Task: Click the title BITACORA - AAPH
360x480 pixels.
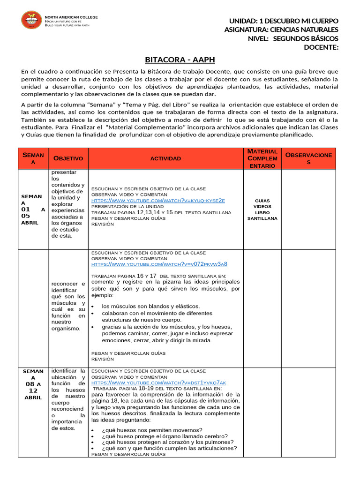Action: click(180, 60)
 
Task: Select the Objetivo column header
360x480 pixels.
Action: click(68, 158)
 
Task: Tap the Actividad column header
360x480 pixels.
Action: click(165, 158)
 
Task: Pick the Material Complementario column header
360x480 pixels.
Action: click(262, 158)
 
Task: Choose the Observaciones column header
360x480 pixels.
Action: click(308, 158)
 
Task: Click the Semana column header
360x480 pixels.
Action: click(33, 158)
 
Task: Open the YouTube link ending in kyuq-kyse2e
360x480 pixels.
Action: click(158, 201)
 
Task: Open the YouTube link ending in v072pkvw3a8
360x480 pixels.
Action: click(159, 264)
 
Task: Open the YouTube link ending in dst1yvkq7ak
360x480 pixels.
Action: click(158, 382)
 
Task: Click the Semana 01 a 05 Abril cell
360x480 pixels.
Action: click(33, 210)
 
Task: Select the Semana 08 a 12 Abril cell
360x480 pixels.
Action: click(33, 384)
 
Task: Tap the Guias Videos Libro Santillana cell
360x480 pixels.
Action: click(262, 209)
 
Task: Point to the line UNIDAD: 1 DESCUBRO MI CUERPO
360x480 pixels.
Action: click(283, 22)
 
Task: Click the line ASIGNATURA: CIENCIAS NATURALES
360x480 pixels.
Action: click(281, 30)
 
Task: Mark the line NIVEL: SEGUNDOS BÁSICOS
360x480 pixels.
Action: click(292, 38)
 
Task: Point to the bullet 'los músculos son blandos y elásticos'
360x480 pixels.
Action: click(150, 306)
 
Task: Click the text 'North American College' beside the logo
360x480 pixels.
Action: click(71, 17)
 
